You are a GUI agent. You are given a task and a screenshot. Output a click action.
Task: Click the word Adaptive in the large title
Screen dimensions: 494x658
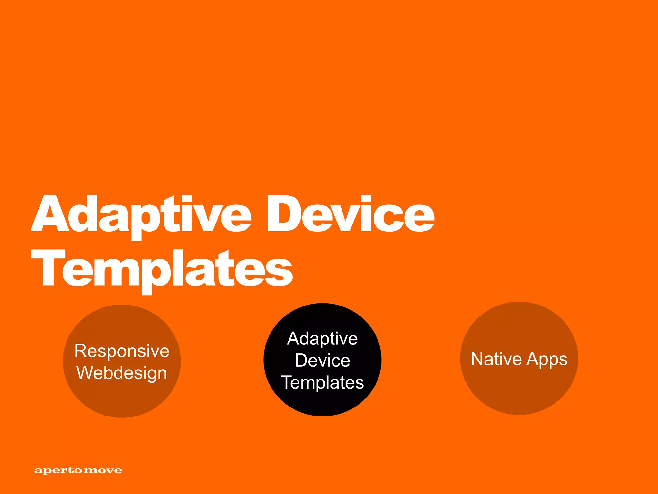pyautogui.click(x=141, y=215)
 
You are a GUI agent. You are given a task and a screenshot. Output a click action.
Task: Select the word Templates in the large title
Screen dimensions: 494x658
pyautogui.click(x=162, y=269)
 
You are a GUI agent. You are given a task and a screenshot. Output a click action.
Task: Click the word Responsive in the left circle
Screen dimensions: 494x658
pyautogui.click(x=122, y=351)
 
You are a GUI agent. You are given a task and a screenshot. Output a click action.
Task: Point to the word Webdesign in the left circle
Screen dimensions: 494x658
pyautogui.click(x=122, y=373)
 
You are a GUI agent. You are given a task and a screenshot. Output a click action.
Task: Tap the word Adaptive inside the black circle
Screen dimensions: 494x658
pyautogui.click(x=322, y=339)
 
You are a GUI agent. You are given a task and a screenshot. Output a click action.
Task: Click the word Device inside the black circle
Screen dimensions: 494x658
pyautogui.click(x=322, y=360)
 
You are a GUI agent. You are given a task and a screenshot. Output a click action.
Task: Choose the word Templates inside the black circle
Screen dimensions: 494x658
pyautogui.click(x=322, y=382)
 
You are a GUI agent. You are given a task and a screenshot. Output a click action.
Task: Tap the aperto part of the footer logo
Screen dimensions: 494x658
pyautogui.click(x=58, y=471)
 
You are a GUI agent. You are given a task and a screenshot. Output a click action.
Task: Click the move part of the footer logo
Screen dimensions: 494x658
pyautogui.click(x=103, y=471)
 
